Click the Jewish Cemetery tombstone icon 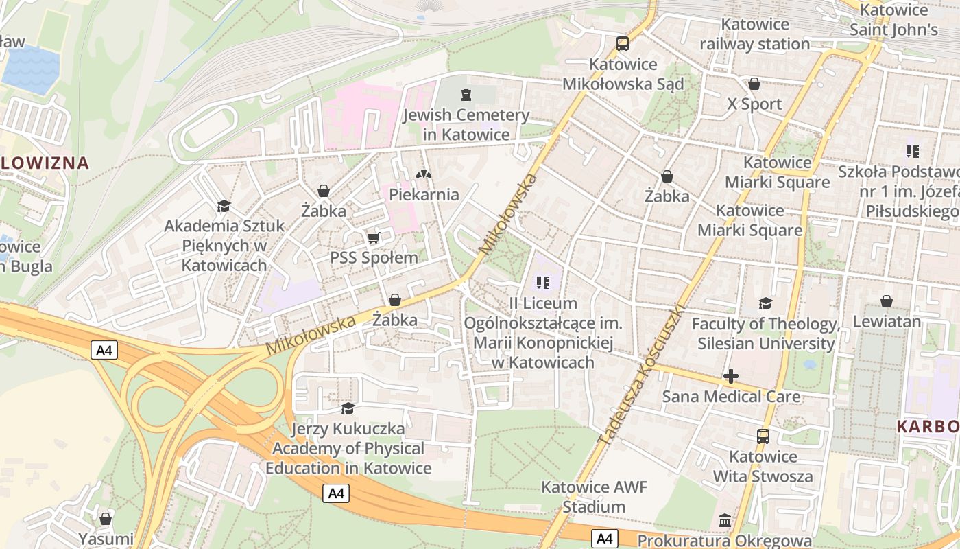coord(466,94)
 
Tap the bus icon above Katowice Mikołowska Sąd coord(622,44)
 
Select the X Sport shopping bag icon coord(754,84)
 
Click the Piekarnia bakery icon coord(424,174)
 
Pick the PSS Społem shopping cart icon coord(374,238)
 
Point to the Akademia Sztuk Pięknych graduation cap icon coord(224,206)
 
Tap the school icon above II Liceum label coord(543,282)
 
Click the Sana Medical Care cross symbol coord(731,376)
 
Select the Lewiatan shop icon coord(886,301)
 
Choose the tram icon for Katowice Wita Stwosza coord(763,436)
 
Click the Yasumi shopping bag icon coord(106,519)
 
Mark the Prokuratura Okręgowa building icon coord(725,521)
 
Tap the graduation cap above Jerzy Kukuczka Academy coord(348,408)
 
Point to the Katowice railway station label coord(754,34)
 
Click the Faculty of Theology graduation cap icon coord(765,303)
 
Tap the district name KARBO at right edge coord(928,426)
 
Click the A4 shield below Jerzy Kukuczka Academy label coord(336,493)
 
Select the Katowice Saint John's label coord(893,20)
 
